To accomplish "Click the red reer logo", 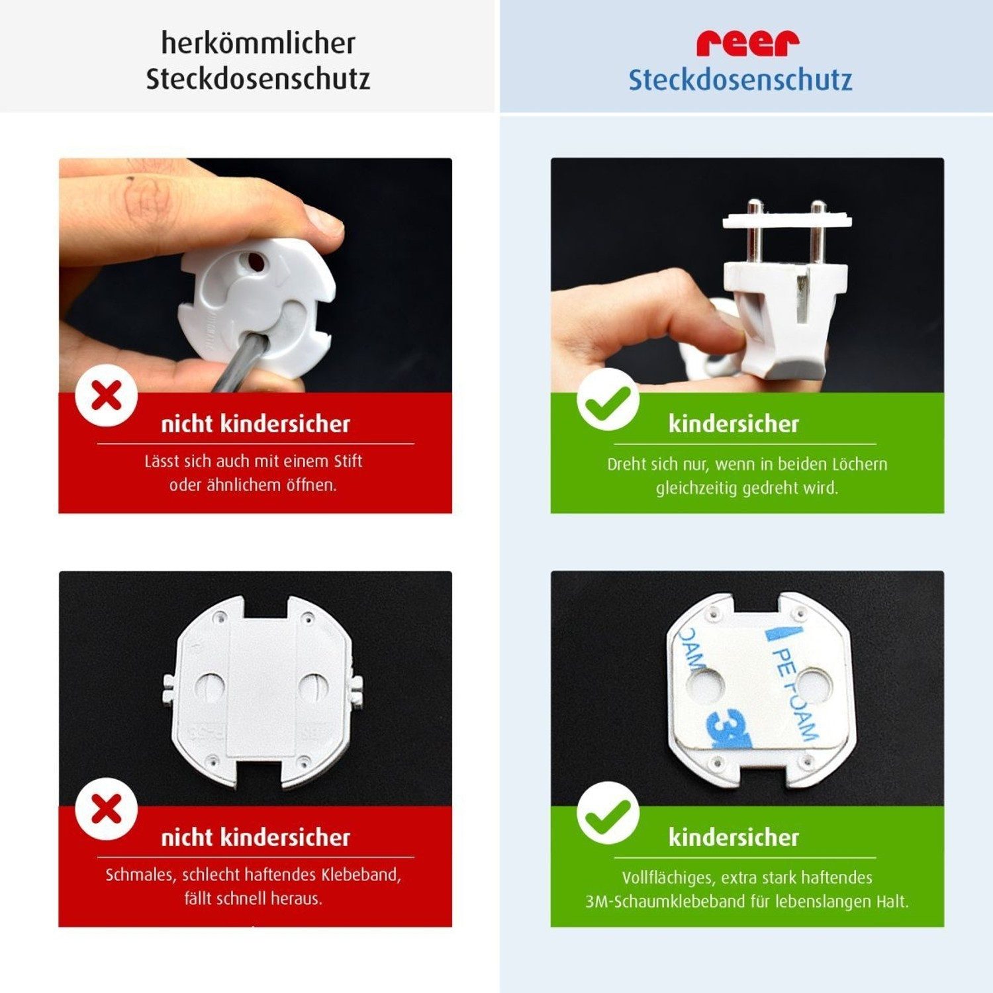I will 747,43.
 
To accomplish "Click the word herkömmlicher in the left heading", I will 258,44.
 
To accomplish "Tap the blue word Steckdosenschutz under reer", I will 740,80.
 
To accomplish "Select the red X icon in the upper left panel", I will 107,397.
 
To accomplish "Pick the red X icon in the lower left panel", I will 107,809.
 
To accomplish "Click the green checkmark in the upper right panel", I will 608,400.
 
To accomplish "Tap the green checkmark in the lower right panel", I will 608,813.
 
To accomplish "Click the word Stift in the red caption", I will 348,461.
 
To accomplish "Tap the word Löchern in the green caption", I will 859,464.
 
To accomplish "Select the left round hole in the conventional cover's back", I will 211,688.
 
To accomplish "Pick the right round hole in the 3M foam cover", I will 811,686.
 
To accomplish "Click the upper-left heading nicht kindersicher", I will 256,424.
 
